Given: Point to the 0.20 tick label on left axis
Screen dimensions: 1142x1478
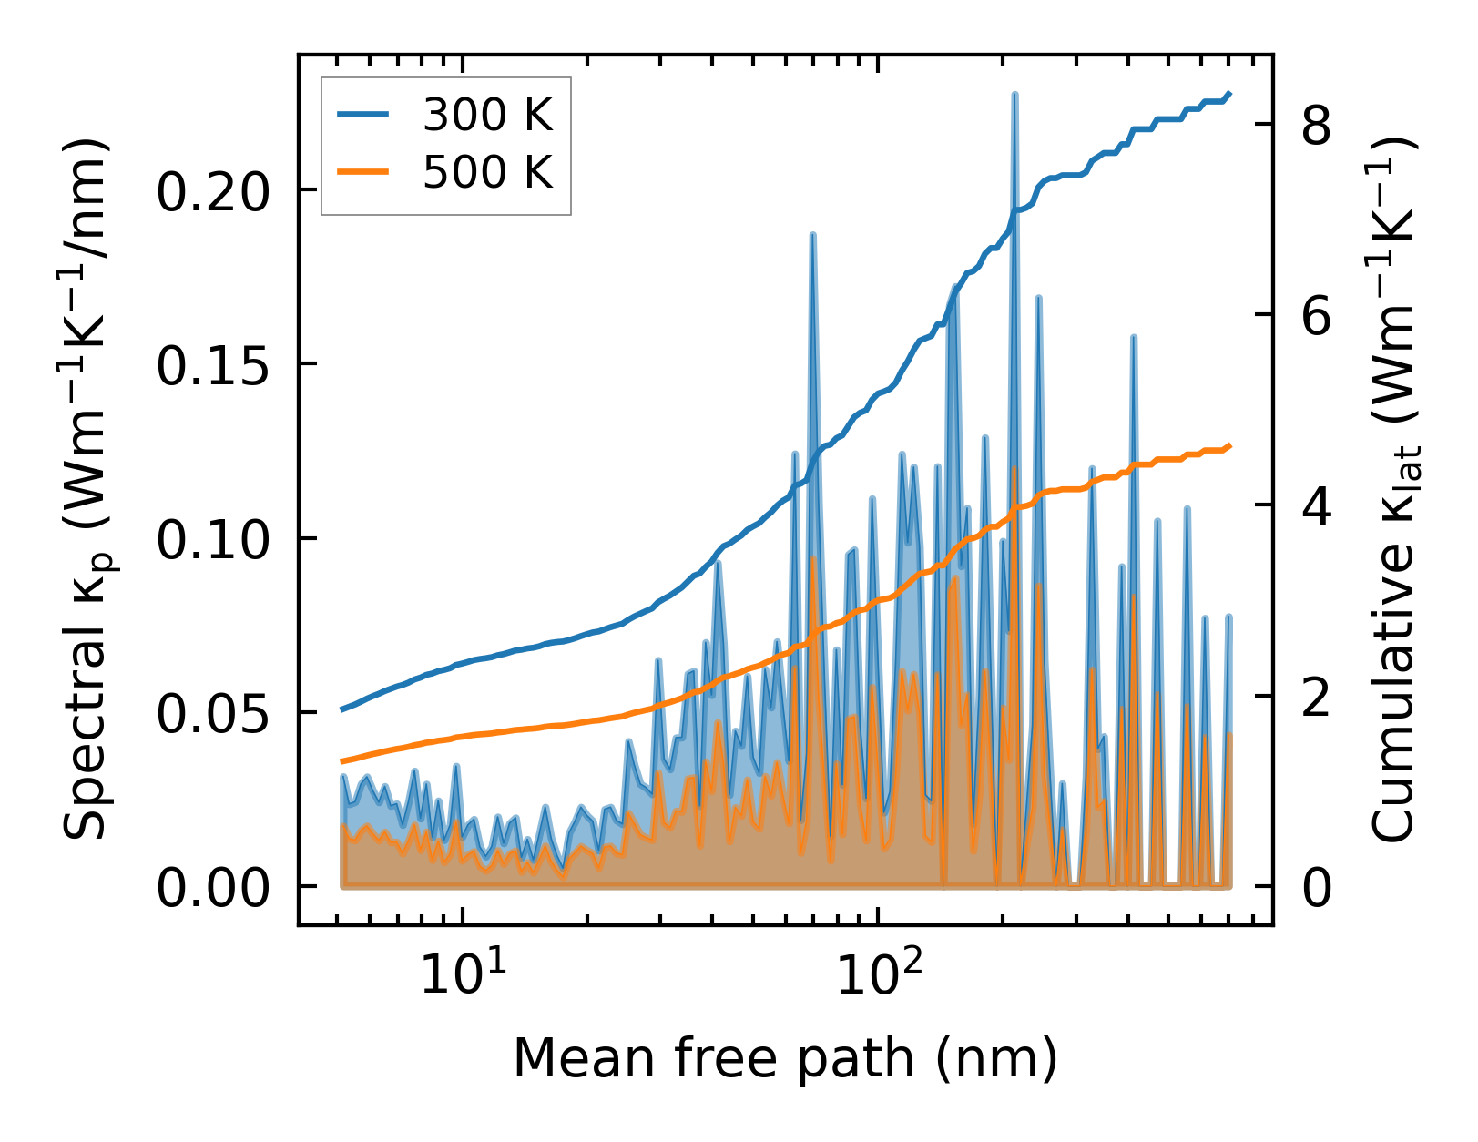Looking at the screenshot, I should pos(214,191).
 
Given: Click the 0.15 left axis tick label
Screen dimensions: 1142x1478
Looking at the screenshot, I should pos(214,365).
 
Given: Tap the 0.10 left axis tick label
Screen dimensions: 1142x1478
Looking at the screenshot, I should pos(214,539).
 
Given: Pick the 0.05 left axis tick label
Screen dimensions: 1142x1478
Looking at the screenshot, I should pos(214,713).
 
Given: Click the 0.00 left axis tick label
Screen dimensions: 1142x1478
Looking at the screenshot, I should pos(214,887).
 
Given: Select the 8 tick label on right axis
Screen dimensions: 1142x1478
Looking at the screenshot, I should pos(1317,125).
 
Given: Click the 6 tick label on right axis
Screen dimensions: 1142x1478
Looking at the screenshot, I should pos(1317,316).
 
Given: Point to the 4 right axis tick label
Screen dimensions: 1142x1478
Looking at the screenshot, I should pos(1317,506).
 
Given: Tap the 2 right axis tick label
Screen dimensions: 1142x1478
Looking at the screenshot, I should pos(1317,697).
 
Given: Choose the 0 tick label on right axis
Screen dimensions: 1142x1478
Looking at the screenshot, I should pos(1317,887).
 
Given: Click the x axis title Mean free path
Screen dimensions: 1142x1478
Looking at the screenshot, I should pos(785,1058).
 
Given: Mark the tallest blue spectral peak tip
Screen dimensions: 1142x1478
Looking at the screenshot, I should pos(1014,94).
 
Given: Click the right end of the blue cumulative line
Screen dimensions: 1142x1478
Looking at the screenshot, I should pos(1229,93).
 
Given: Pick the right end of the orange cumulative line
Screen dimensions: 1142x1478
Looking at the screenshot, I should pos(1229,445).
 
